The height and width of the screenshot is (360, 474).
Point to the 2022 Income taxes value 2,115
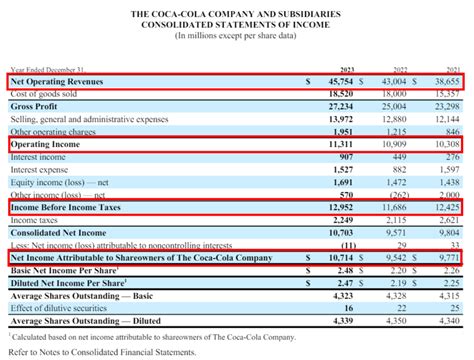(x=402, y=221)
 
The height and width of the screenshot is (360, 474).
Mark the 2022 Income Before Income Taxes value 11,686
(x=400, y=208)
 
